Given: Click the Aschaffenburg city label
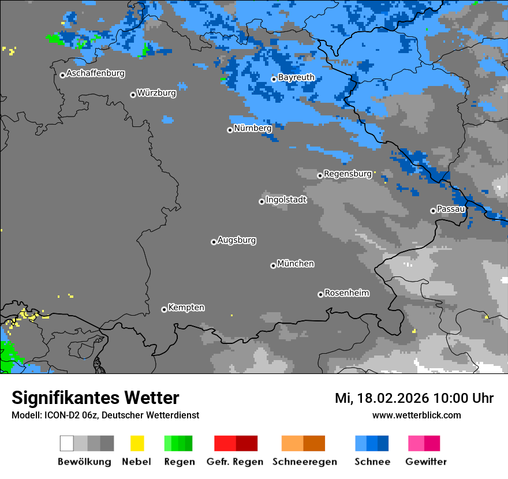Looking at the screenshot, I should coord(95,74).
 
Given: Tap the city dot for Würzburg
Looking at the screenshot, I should coord(133,95).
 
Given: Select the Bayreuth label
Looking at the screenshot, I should coord(296,77).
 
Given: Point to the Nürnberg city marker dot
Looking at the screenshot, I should coord(230,130).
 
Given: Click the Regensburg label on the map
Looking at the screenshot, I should coord(348,174).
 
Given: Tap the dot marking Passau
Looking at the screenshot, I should coord(433,211).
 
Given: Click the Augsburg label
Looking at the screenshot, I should coord(237,240).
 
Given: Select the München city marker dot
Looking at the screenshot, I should coord(273,265).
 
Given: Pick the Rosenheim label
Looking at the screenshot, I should coord(346,293).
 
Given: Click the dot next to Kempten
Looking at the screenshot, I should coord(164,309).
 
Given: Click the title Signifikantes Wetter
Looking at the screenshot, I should coord(95,398).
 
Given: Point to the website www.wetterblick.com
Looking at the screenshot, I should coord(416,415).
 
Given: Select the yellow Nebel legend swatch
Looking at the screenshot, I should coord(137,443).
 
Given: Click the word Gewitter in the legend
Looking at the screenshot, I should coord(425,462).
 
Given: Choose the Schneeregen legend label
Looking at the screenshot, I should coord(304,462).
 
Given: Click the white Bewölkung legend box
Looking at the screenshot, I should coord(67,443).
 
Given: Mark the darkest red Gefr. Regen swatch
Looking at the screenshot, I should coord(246,443).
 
